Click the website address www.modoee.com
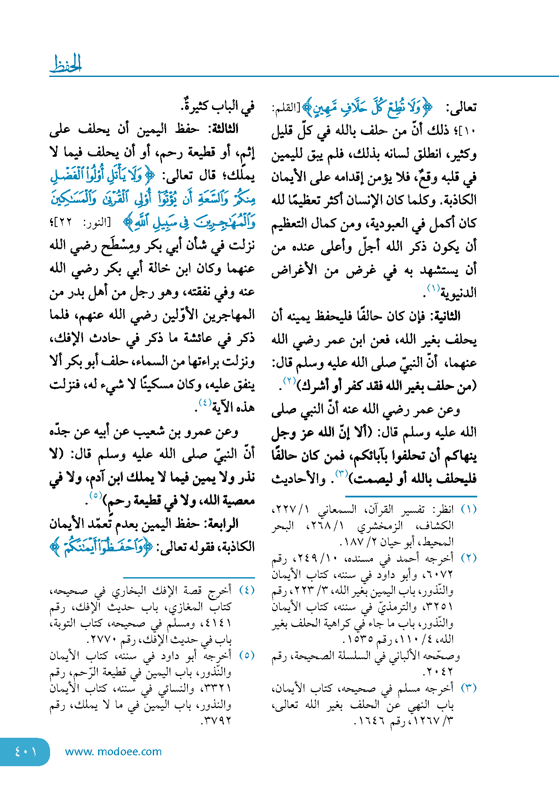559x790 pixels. pos(113,752)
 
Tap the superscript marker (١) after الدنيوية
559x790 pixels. pos(433,288)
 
